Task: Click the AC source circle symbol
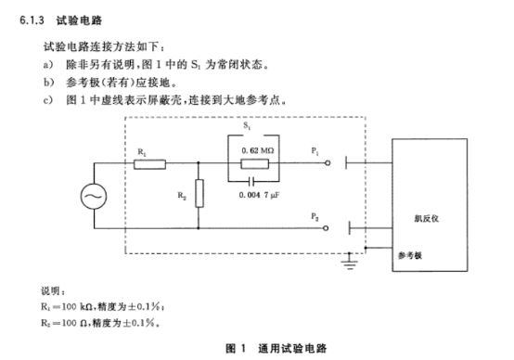[94, 198]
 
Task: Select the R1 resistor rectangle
[148, 165]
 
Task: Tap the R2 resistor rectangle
[199, 196]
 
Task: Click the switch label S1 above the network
[245, 123]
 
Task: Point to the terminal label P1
[318, 149]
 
